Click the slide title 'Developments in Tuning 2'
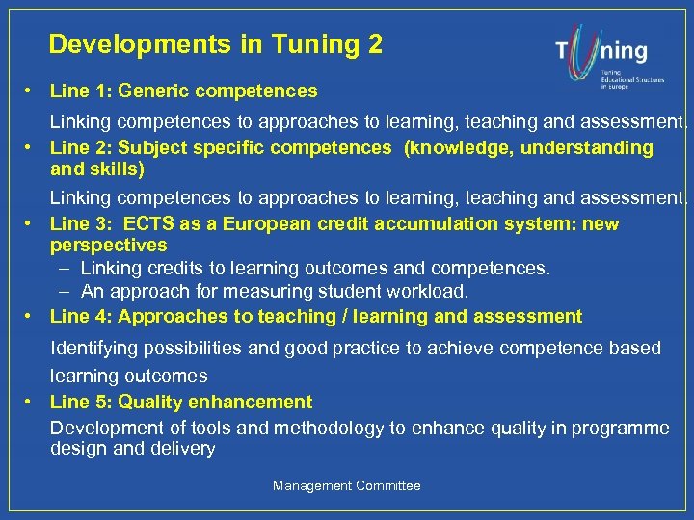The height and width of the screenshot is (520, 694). (x=215, y=44)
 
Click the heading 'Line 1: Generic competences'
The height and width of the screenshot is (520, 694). (x=183, y=91)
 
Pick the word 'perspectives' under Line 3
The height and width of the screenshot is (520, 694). (x=108, y=245)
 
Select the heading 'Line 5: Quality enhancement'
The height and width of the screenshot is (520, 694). (x=181, y=402)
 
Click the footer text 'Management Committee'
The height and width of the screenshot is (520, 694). (x=347, y=486)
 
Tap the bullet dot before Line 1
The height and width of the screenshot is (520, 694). (x=32, y=91)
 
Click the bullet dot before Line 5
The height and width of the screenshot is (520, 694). (x=32, y=402)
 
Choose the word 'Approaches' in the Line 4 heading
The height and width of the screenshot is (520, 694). (x=168, y=316)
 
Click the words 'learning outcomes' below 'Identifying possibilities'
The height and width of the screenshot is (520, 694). (x=128, y=377)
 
